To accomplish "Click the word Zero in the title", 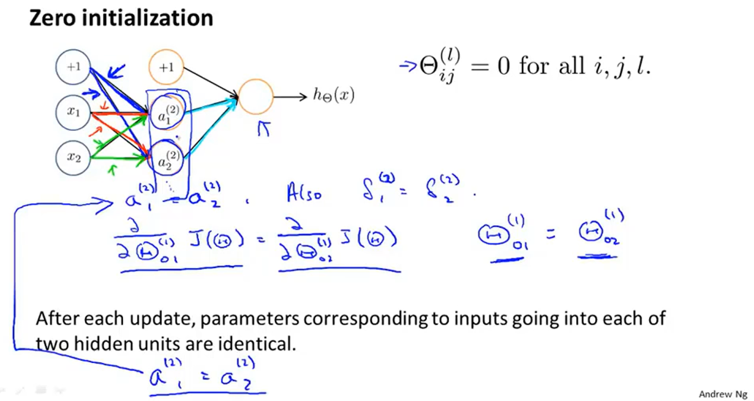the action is (52, 18).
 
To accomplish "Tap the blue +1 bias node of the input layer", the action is (73, 67).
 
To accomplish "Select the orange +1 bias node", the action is (166, 67).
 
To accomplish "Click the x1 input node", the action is (73, 112).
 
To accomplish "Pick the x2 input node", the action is (73, 158).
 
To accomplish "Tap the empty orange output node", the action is (256, 97).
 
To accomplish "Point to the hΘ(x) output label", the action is (333, 95).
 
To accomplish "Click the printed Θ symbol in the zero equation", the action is (428, 66).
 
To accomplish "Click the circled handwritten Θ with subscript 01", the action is (493, 235).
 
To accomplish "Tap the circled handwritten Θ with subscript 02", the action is (591, 232).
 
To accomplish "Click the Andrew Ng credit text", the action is (723, 394).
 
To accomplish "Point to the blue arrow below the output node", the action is (264, 128).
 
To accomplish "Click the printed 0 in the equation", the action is (503, 66).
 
